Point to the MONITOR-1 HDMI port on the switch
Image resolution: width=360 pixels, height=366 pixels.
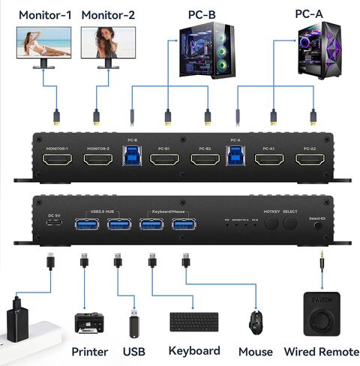coord(57,159)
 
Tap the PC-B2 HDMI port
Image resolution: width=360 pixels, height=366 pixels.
coord(204,159)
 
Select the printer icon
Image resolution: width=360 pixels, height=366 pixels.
coord(88,323)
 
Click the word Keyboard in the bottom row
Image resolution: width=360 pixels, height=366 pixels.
coord(194,351)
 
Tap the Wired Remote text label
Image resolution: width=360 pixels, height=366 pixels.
coord(319,351)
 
